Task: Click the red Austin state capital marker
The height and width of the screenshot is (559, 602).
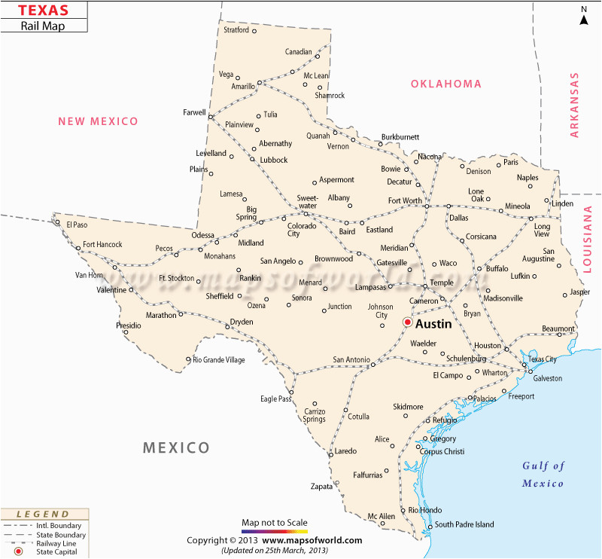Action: [407, 322]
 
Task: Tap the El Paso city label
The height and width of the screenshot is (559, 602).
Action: [78, 225]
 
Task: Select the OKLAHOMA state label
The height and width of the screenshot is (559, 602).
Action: [445, 84]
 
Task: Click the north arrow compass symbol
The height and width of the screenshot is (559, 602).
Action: [583, 15]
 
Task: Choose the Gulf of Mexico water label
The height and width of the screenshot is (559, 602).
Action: [543, 474]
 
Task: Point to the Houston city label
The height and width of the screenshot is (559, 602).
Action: [488, 346]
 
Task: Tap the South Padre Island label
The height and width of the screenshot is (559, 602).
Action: [464, 524]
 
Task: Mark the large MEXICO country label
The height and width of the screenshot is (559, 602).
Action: [176, 448]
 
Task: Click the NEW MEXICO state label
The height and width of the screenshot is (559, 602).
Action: [99, 121]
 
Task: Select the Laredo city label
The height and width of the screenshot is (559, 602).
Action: [345, 451]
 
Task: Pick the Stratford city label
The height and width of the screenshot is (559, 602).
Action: [236, 30]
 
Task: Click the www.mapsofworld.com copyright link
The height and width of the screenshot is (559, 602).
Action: [312, 540]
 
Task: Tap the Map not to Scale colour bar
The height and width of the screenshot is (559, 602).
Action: [275, 530]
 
